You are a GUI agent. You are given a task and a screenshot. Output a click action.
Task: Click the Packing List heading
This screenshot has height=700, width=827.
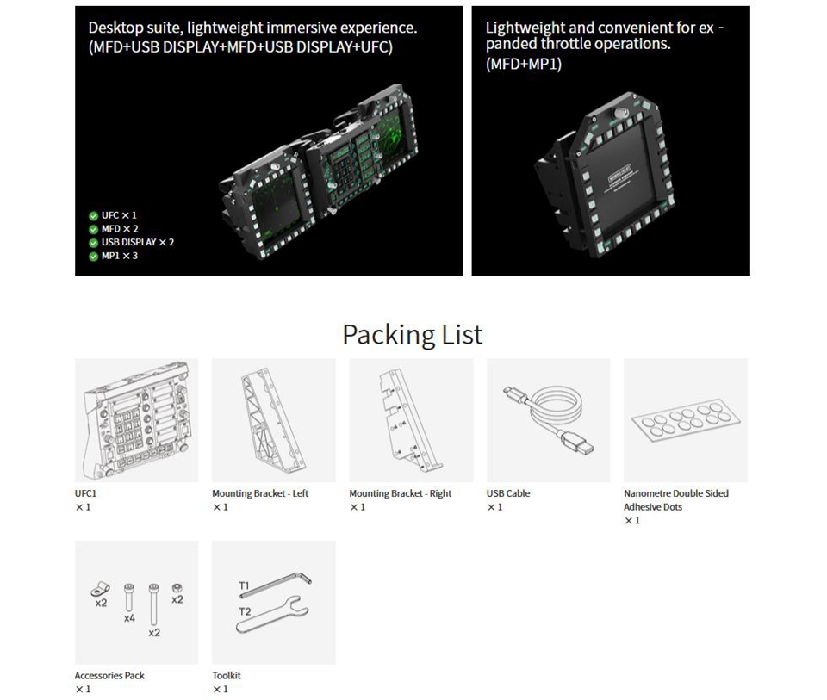(413, 335)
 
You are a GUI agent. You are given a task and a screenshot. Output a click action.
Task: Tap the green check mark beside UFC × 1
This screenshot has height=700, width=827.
(93, 215)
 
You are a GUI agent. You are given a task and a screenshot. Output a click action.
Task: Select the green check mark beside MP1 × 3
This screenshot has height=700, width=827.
(93, 257)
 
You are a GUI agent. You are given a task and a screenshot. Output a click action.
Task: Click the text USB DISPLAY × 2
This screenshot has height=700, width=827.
(138, 243)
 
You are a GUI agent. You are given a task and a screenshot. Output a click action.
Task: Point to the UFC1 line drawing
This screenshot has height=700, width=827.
(136, 419)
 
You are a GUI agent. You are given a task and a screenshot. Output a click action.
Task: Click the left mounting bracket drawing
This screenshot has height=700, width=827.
(273, 419)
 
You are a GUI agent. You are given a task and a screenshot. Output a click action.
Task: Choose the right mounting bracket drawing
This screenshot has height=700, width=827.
(408, 419)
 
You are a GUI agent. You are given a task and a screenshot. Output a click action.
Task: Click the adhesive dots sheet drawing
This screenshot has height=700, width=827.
(686, 419)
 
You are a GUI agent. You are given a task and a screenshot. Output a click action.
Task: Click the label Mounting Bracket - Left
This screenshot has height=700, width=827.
(260, 493)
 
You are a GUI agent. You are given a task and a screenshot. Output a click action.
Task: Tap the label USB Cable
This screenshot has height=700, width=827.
(508, 493)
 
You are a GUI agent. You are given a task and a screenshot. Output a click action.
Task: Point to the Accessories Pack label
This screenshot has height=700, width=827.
(109, 675)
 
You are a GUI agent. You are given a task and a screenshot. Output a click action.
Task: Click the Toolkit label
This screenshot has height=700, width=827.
(227, 675)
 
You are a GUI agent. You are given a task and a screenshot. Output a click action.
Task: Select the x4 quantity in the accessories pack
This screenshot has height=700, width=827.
(129, 618)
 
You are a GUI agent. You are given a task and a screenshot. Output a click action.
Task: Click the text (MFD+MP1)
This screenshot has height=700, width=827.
(523, 64)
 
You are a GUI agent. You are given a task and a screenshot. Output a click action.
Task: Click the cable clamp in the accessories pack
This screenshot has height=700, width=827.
(100, 588)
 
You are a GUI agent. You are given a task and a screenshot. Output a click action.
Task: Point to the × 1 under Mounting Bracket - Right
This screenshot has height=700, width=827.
(358, 507)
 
